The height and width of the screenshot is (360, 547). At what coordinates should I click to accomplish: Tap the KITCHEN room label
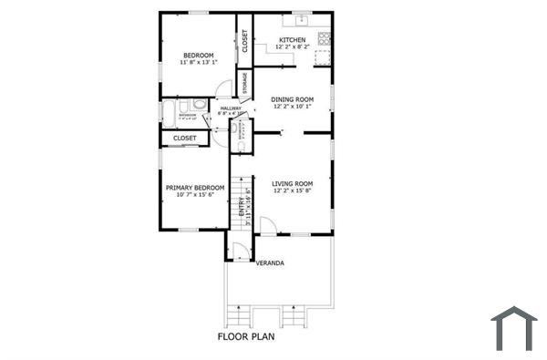[292, 40]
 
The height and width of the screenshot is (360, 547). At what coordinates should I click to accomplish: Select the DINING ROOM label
[293, 98]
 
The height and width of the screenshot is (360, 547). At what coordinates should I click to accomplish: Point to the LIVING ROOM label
[293, 183]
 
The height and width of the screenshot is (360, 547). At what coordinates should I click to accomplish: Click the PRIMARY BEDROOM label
[195, 188]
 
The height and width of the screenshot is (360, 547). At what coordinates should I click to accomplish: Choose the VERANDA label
[269, 263]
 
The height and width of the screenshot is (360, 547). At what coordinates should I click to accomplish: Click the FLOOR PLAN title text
[246, 336]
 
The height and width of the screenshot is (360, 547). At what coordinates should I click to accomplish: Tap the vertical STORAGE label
[244, 82]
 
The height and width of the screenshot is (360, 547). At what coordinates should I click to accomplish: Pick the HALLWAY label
[230, 108]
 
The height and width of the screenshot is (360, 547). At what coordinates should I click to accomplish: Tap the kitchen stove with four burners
[324, 40]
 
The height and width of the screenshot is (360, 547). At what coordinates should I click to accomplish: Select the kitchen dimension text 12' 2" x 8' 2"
[292, 47]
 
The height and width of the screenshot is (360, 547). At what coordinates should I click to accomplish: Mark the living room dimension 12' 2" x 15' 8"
[293, 191]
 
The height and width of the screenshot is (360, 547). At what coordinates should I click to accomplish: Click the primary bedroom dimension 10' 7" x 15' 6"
[195, 195]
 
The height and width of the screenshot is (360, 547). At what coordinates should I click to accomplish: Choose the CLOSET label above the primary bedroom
[185, 139]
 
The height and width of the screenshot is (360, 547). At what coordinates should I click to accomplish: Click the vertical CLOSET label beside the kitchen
[244, 41]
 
